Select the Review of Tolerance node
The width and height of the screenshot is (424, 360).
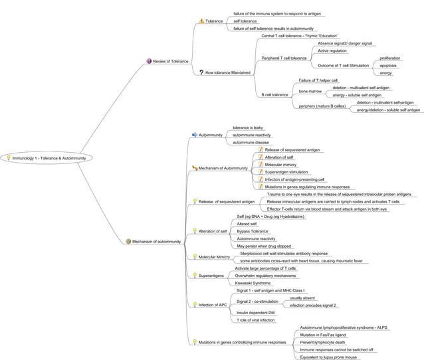[x=170, y=61]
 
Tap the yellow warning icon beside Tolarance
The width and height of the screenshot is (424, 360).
[x=201, y=21]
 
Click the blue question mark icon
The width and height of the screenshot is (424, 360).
[x=201, y=72]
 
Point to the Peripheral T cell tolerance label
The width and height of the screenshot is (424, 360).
[x=284, y=58]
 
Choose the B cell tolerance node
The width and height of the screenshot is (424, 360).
[x=274, y=95]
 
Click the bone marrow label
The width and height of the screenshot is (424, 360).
[x=310, y=91]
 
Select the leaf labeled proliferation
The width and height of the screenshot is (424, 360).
[x=389, y=58]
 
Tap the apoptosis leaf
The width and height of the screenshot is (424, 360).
[x=388, y=65]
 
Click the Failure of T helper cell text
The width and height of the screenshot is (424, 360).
[x=318, y=80]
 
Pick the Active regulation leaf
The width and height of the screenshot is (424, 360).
[x=332, y=50]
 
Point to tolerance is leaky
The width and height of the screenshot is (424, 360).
[x=247, y=127]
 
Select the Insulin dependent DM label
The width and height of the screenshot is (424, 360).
[x=256, y=312]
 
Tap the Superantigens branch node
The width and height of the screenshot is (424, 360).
[x=211, y=275]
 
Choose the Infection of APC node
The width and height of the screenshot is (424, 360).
[x=213, y=305]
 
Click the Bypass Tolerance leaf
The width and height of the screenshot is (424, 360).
[x=253, y=231]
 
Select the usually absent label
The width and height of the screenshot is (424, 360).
[x=302, y=298]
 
